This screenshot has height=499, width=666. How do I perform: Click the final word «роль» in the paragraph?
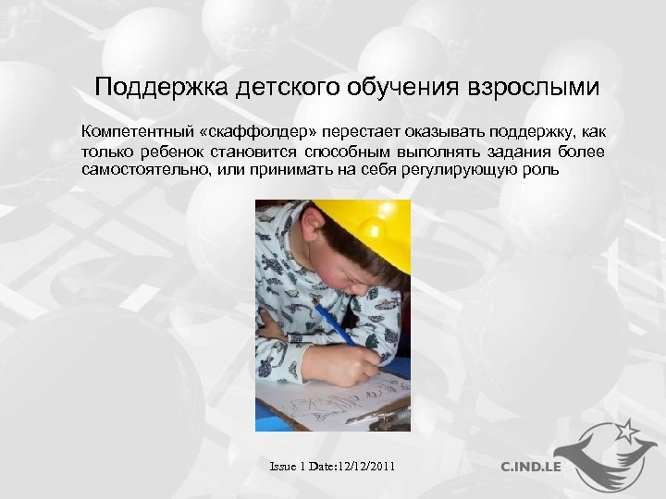(541, 170)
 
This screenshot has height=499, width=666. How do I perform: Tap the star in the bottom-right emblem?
(625, 430)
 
